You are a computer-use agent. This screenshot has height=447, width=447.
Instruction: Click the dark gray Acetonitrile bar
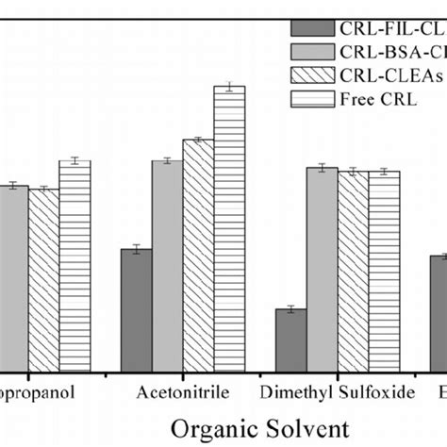point(136,310)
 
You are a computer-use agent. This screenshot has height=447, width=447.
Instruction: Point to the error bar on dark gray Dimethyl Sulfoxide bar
point(290,308)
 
